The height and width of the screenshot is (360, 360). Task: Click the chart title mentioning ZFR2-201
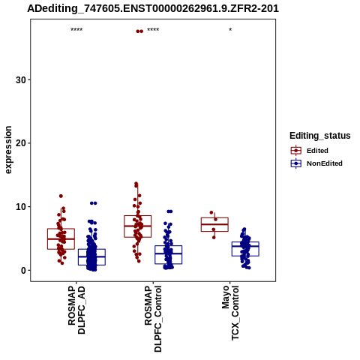[x=153, y=8]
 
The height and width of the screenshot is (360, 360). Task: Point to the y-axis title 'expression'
[x=8, y=150]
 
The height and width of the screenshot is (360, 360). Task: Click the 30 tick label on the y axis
[x=21, y=80]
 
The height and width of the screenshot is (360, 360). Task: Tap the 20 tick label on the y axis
[x=21, y=143]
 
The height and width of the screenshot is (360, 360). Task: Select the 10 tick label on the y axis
[x=21, y=207]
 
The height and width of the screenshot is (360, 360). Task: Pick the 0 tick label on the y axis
[x=23, y=270]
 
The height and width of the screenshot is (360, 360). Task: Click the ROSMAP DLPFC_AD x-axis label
[x=76, y=310]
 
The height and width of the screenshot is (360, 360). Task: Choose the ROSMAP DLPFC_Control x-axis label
[x=153, y=319]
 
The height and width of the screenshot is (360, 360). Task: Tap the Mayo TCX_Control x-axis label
[x=230, y=313]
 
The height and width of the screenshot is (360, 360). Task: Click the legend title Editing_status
[x=320, y=136]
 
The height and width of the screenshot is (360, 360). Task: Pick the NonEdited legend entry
[x=316, y=163]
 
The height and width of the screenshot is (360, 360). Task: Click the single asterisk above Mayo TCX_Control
[x=230, y=29]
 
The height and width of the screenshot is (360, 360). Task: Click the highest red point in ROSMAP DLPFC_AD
[x=61, y=196]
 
